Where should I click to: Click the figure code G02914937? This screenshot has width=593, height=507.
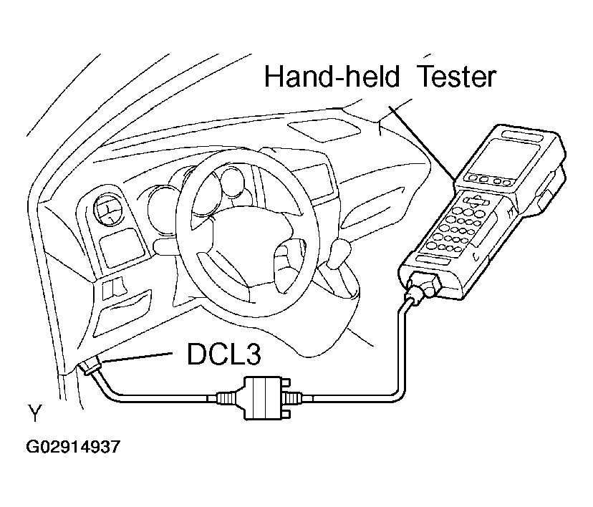pyautogui.click(x=73, y=448)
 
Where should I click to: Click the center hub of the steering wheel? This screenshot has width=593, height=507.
pyautogui.click(x=240, y=237)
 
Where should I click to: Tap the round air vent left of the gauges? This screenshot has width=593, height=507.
pyautogui.click(x=108, y=213)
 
